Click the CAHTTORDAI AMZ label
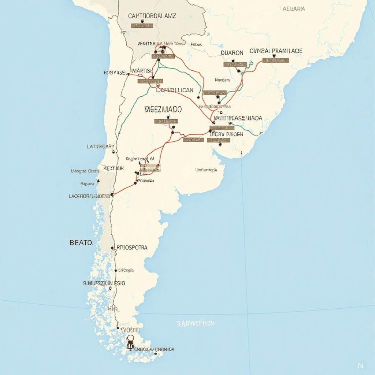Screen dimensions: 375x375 pyautogui.click(x=152, y=16)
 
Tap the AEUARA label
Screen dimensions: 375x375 pyautogui.click(x=294, y=9)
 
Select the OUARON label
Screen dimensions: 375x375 pyautogui.click(x=232, y=53)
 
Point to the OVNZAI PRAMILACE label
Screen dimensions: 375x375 pyautogui.click(x=276, y=51)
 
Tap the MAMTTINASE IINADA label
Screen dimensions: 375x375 pyautogui.click(x=238, y=118)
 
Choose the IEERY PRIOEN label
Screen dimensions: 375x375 pyautogui.click(x=226, y=134)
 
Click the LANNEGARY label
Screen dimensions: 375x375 pyautogui.click(x=101, y=146)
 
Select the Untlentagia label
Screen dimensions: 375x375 pyautogui.click(x=206, y=170)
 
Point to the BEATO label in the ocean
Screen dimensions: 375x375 pyautogui.click(x=81, y=242)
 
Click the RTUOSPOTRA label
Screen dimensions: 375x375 pyautogui.click(x=131, y=248)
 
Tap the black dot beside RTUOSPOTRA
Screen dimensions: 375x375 pyautogui.click(x=112, y=248)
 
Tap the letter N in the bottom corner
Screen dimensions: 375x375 pyautogui.click(x=360, y=365)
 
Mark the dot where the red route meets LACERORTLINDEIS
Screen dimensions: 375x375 pyautogui.click(x=112, y=194)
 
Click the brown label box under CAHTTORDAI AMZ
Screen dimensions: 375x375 pyautogui.click(x=141, y=26)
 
